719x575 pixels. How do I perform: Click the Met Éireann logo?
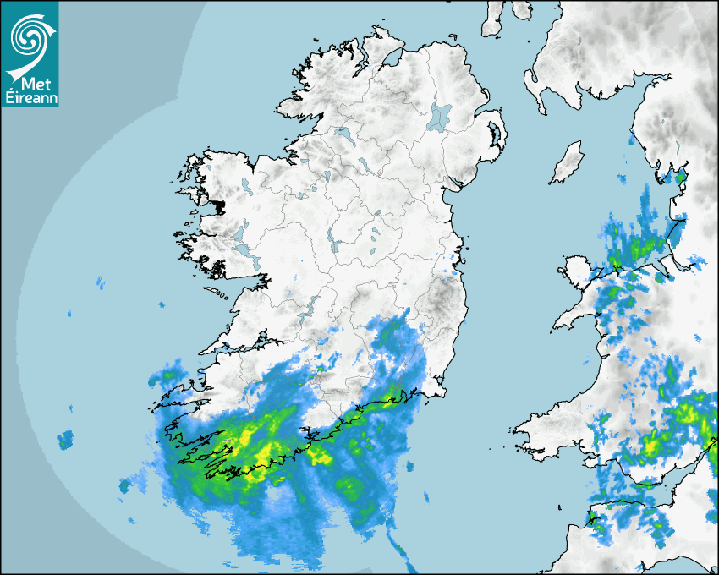click(30, 54)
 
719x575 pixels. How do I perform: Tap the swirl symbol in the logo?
click(28, 36)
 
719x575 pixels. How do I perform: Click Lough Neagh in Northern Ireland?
click(440, 117)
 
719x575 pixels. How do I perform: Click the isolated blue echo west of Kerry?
click(65, 439)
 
